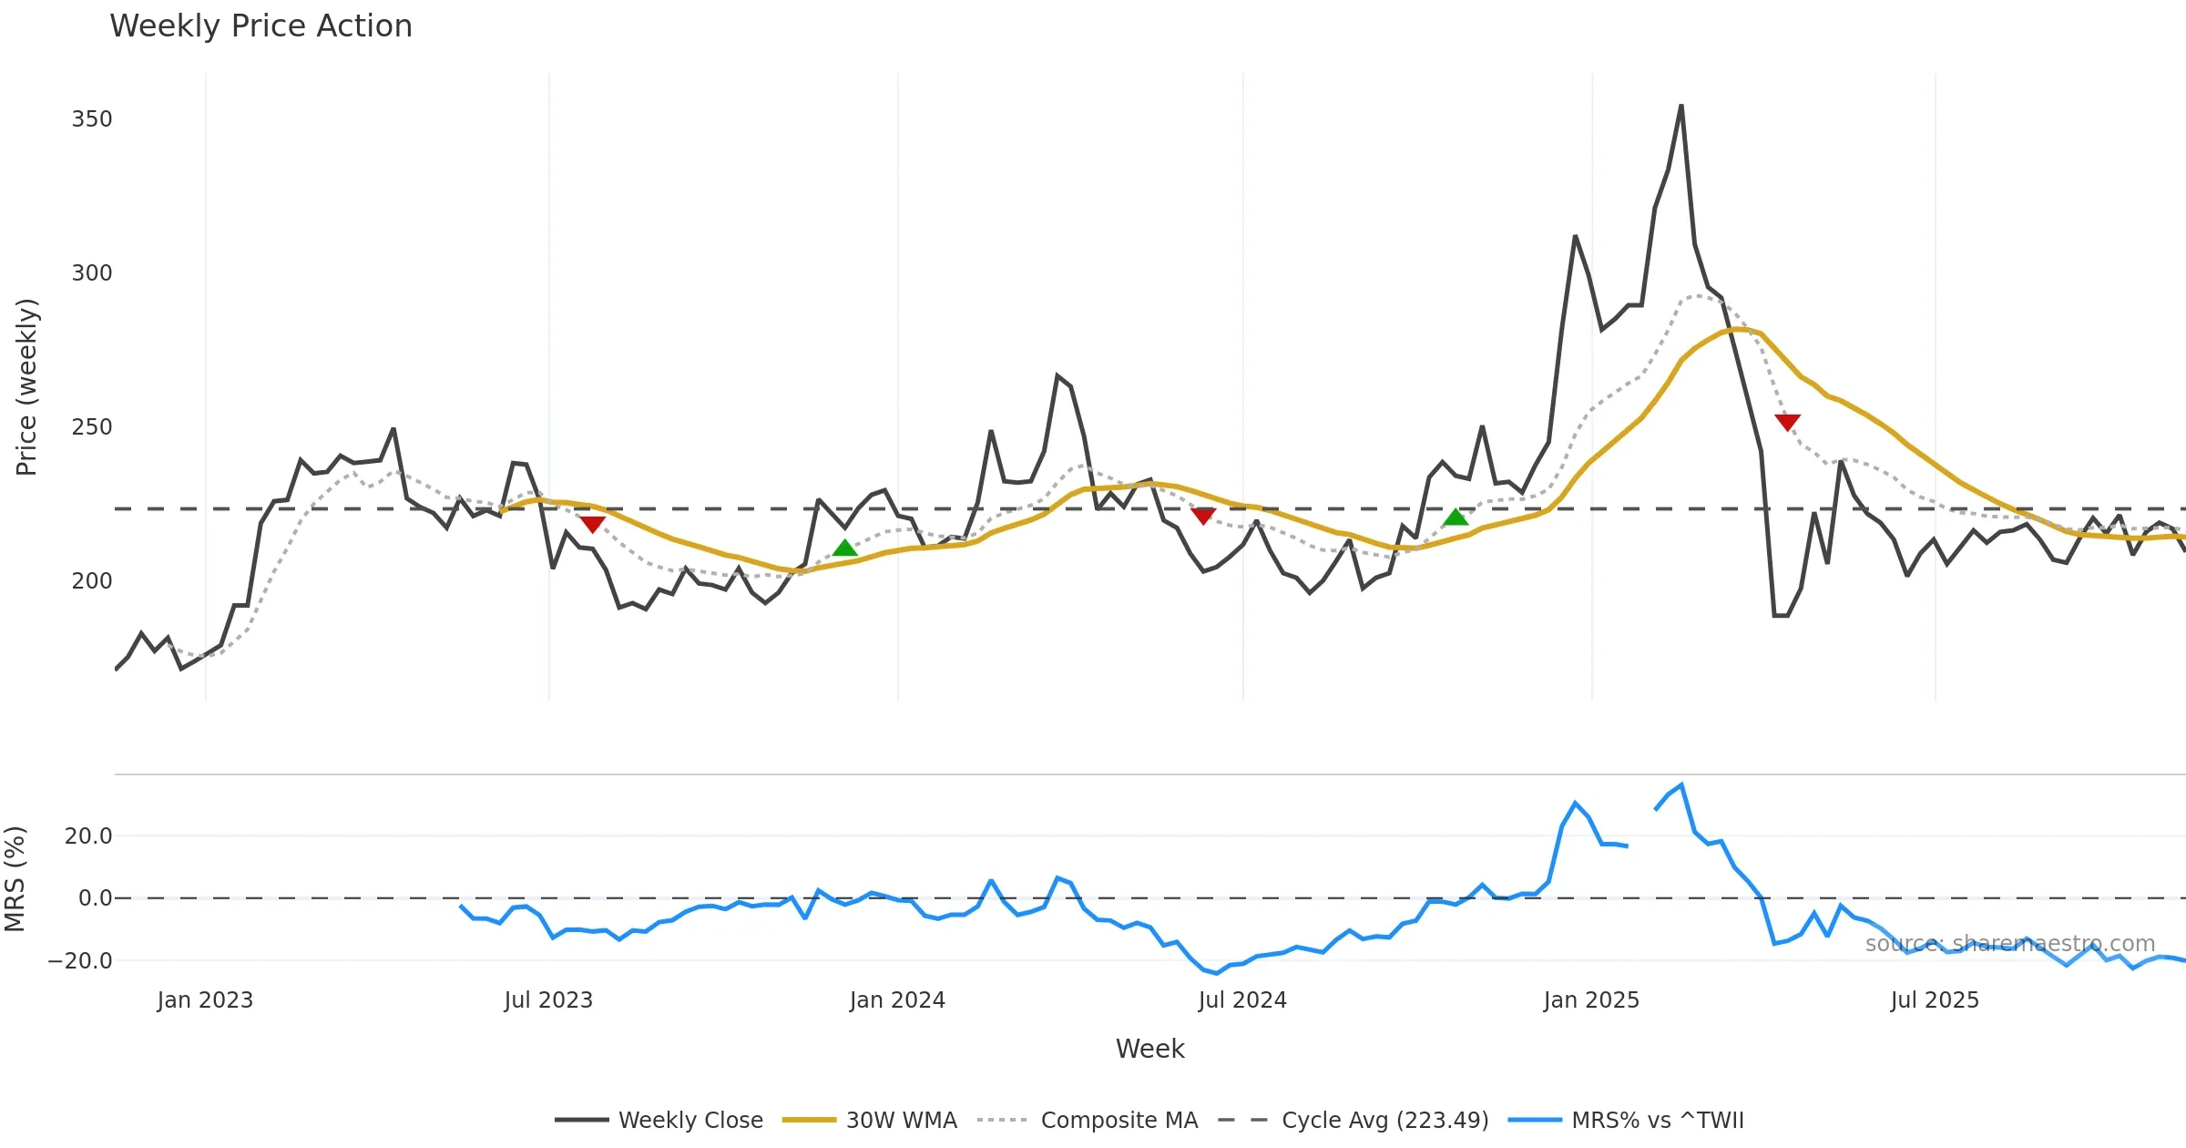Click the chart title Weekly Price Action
pyautogui.click(x=260, y=26)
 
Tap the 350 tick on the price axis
pyautogui.click(x=92, y=119)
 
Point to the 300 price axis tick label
pyautogui.click(x=92, y=273)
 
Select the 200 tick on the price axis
pyautogui.click(x=92, y=581)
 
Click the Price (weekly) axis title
pyautogui.click(x=26, y=387)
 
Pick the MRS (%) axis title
pyautogui.click(x=15, y=879)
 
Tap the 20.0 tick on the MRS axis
pyautogui.click(x=88, y=836)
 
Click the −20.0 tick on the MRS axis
pyautogui.click(x=80, y=961)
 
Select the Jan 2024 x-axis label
pyautogui.click(x=897, y=1000)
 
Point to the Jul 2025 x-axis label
pyautogui.click(x=1935, y=1000)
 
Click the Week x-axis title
pyautogui.click(x=1149, y=1050)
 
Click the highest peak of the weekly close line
pyautogui.click(x=1681, y=106)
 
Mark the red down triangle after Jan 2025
pyautogui.click(x=1787, y=422)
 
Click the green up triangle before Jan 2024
pyautogui.click(x=845, y=548)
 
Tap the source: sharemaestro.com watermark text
pyautogui.click(x=2010, y=944)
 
